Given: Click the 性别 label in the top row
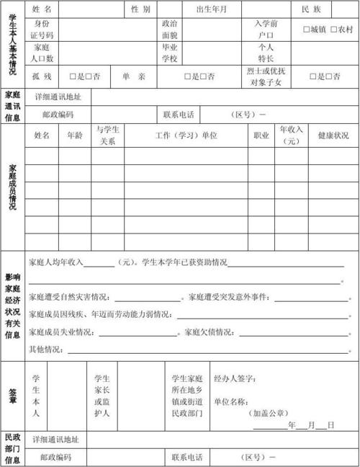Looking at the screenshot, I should (x=140, y=9).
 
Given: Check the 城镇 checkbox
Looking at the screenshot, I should (x=306, y=30).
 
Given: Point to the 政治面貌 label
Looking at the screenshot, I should (x=170, y=29).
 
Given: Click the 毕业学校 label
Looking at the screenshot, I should (x=170, y=53).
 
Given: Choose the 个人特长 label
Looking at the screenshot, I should (x=266, y=53).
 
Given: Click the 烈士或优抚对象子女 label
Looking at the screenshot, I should (x=266, y=76).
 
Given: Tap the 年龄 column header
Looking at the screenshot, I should (x=74, y=135).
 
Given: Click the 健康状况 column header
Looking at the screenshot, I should (x=333, y=135).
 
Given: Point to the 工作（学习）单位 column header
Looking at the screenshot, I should (x=186, y=135).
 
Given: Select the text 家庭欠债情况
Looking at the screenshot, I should (x=210, y=332).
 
